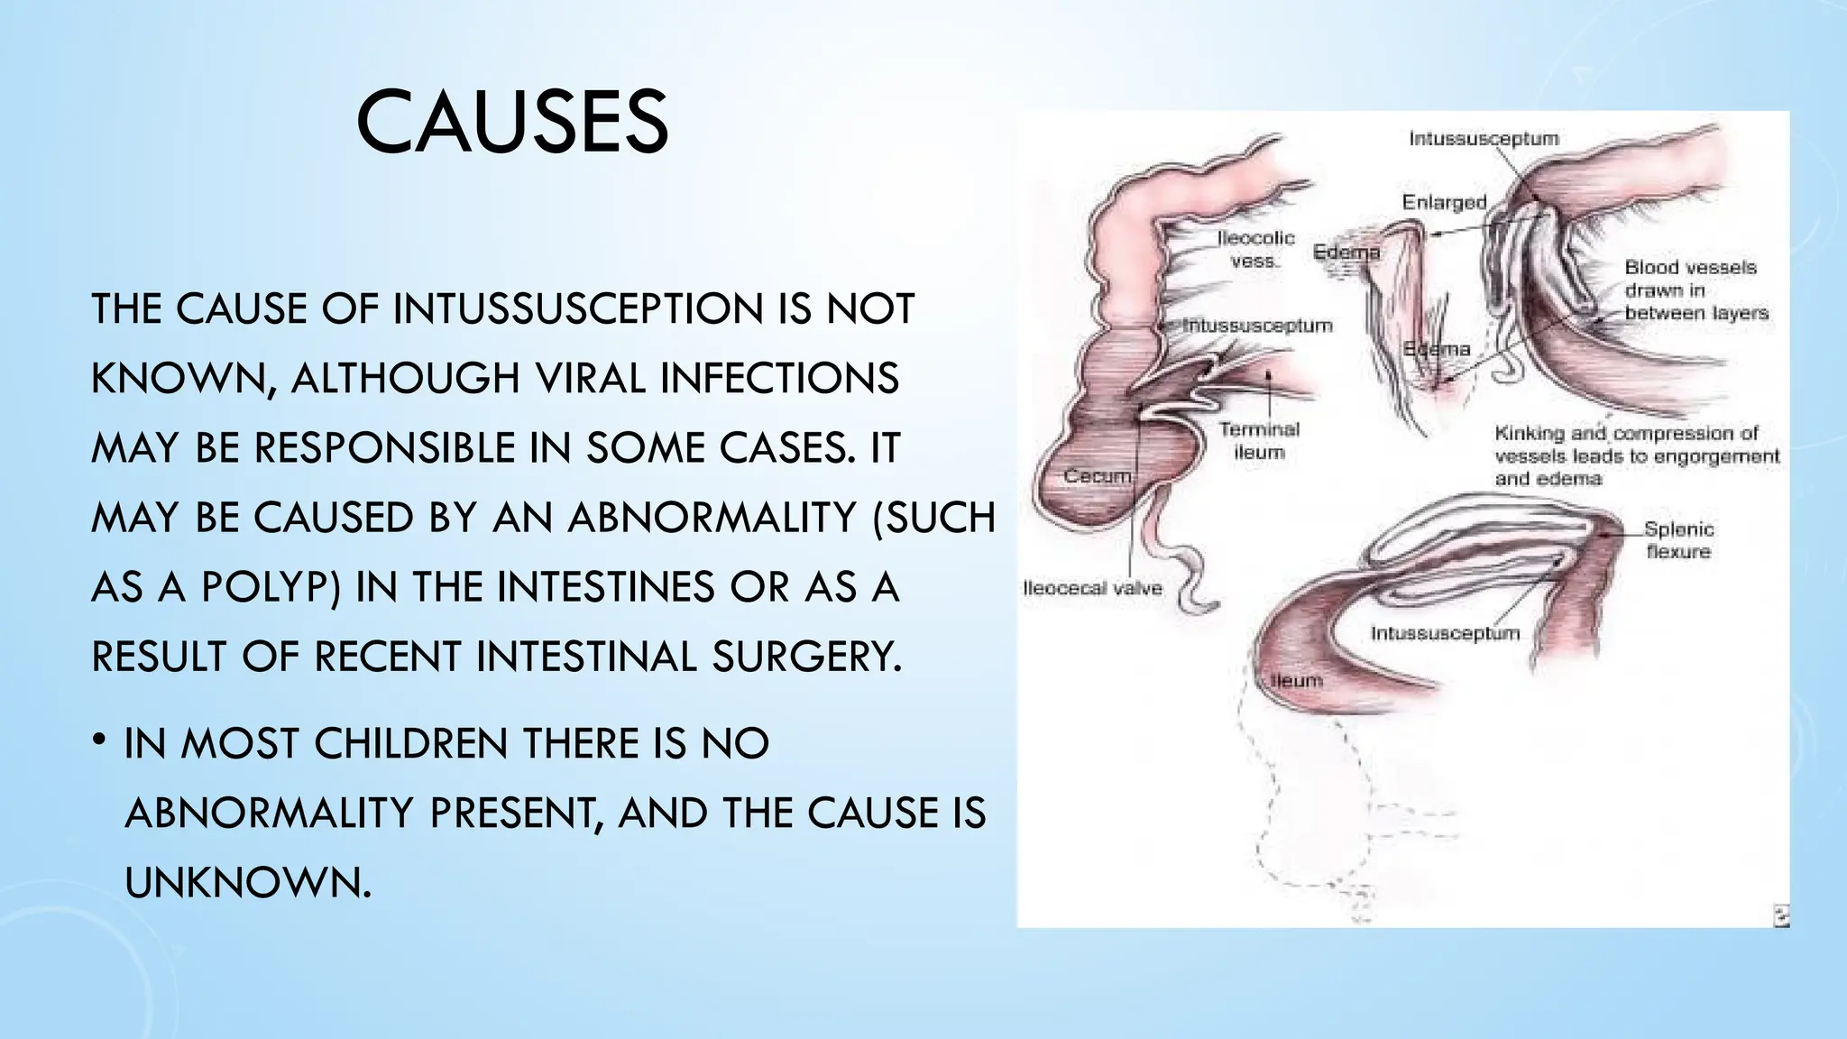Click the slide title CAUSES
512,123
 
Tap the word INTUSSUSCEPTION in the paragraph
578,308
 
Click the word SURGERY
806,657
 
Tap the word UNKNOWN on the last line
247,882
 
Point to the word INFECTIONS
779,378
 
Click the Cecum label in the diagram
1097,475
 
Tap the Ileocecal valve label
1092,589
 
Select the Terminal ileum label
1259,441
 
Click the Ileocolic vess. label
1255,249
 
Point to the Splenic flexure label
1678,540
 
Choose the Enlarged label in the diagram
1444,202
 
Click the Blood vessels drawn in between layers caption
1695,290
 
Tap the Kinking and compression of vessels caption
1636,455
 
